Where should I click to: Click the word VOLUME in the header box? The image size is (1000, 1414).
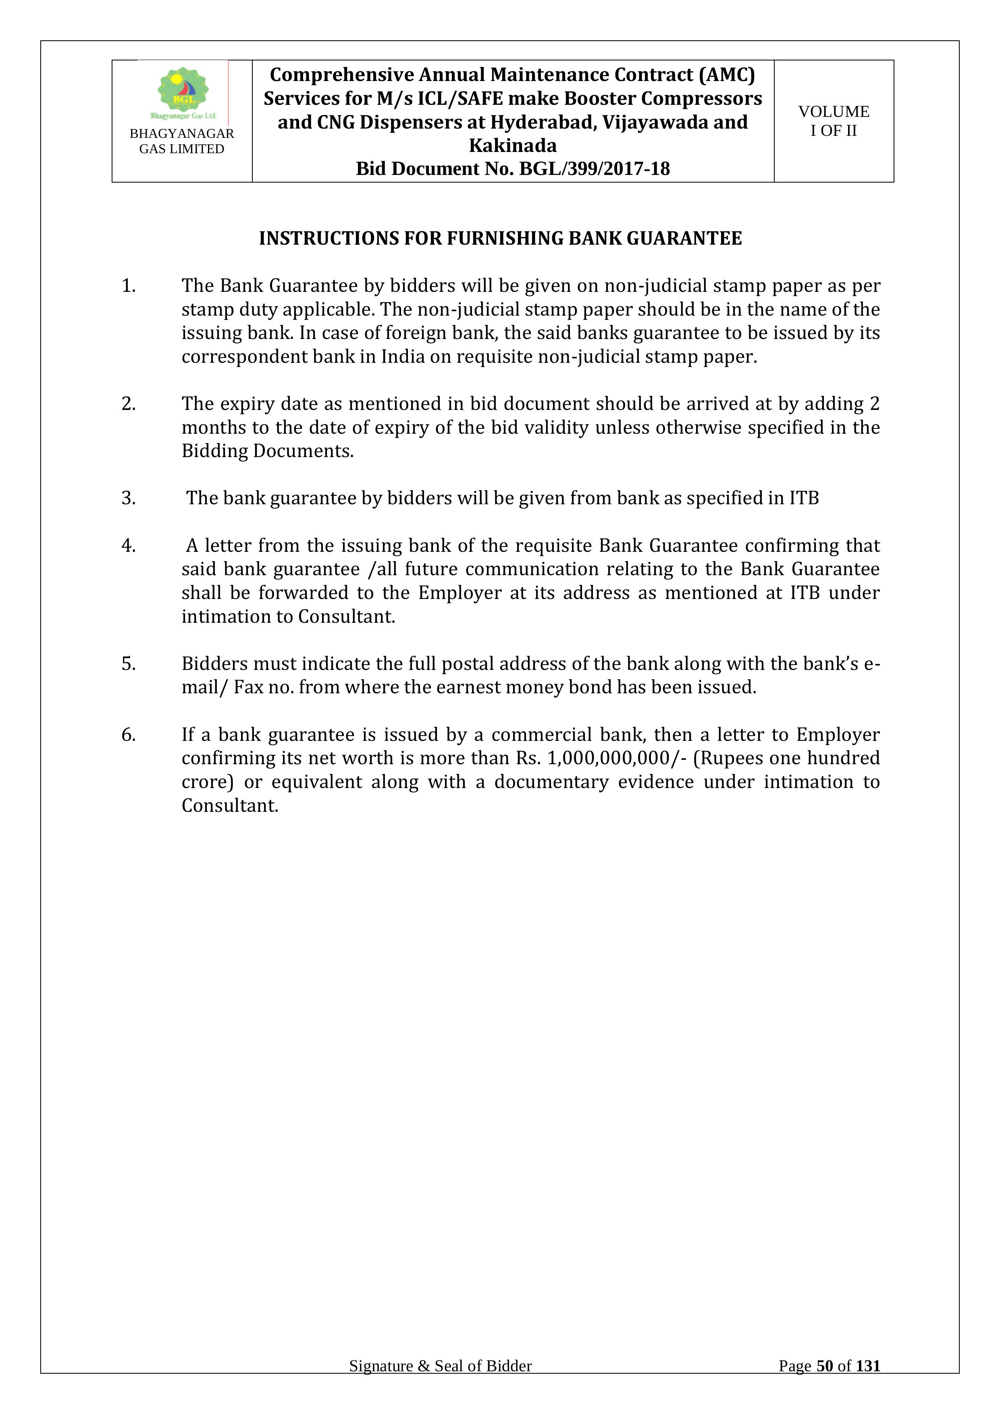834,112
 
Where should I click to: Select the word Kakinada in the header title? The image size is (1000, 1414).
512,146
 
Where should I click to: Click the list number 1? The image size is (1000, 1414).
128,286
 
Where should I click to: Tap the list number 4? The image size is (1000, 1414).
128,546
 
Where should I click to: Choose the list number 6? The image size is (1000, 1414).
128,735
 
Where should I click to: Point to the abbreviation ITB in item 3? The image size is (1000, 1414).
804,498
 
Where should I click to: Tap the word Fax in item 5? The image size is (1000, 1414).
248,687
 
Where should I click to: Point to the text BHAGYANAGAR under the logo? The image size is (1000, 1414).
182,134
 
